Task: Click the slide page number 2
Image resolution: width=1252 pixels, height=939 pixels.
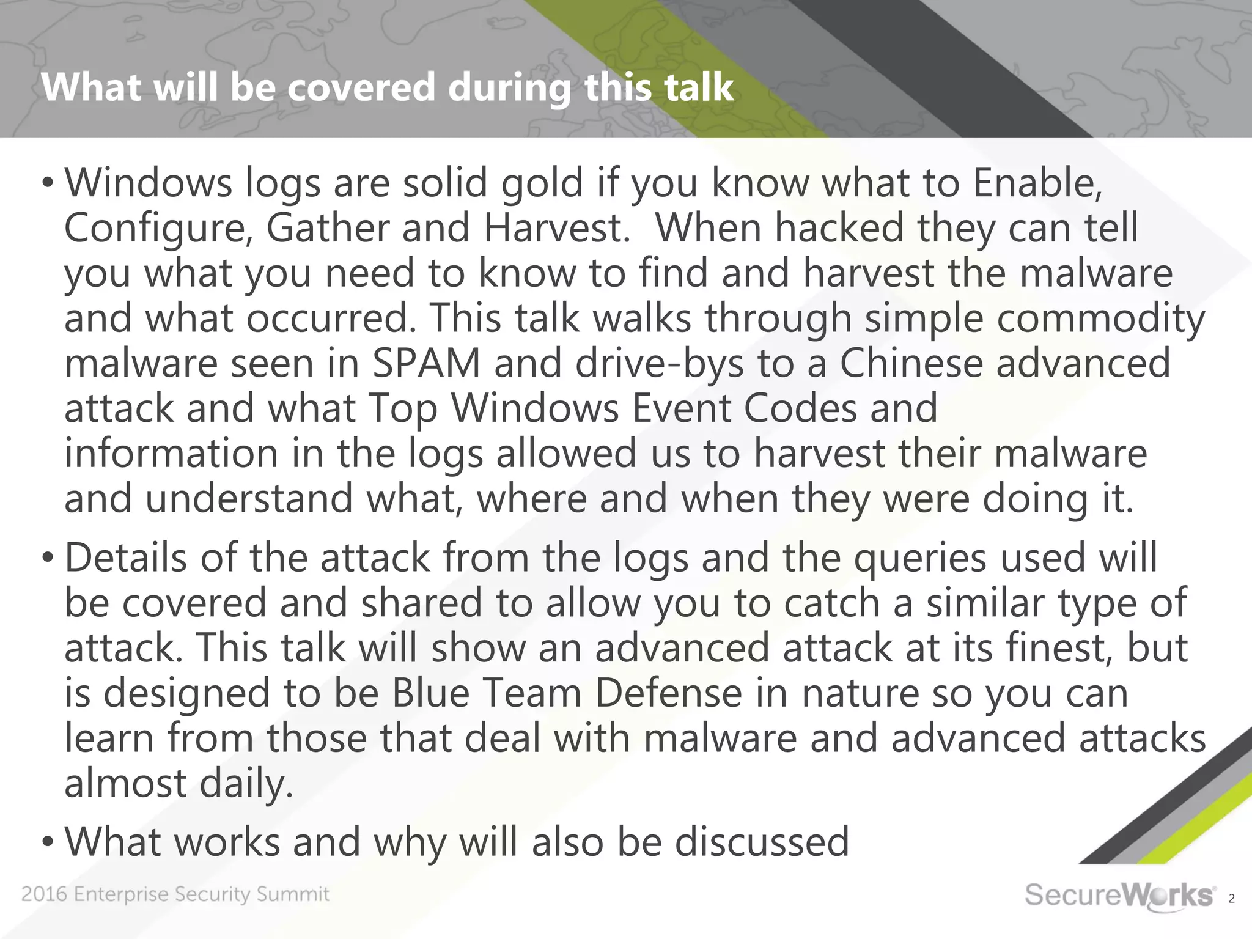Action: click(x=1232, y=899)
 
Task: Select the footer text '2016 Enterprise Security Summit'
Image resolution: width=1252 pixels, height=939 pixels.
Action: click(x=175, y=894)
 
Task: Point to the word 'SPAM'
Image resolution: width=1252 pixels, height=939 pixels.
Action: click(x=426, y=363)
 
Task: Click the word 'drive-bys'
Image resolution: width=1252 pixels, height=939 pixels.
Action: click(x=660, y=363)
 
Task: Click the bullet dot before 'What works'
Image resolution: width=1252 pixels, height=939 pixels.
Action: click(x=48, y=842)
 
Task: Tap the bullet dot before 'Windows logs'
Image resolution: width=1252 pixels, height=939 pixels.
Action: click(x=48, y=183)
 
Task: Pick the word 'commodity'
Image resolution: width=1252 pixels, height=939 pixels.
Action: click(x=1101, y=318)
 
